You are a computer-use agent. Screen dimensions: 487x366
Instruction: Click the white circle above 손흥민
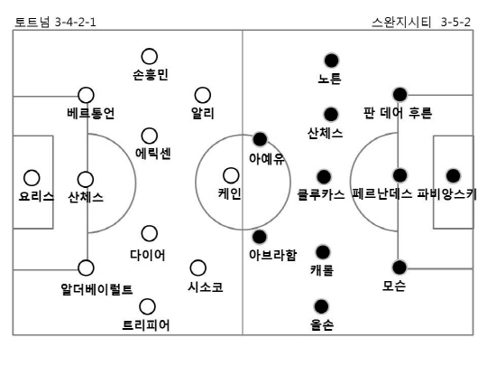coord(150,57)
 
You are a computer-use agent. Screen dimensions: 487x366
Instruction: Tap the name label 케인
coord(230,193)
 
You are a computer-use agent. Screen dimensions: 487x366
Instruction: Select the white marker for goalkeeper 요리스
coord(32,178)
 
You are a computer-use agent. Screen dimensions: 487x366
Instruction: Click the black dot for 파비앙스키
coord(453,176)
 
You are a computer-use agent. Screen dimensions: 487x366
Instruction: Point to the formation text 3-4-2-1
coord(76,23)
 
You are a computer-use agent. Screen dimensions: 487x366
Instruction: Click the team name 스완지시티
coord(401,23)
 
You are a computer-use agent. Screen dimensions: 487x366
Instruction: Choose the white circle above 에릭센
coord(150,136)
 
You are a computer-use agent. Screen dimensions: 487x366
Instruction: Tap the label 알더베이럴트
coord(96,289)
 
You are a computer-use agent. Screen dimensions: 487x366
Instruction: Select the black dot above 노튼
coord(331,61)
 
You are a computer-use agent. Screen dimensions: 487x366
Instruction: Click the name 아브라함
coord(273,255)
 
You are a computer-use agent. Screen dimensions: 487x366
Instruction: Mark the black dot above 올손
coord(321,306)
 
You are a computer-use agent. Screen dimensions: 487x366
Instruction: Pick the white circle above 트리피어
coord(147,307)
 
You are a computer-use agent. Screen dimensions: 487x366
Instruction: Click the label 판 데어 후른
coord(398,113)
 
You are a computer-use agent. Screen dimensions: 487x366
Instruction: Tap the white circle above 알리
coord(203,96)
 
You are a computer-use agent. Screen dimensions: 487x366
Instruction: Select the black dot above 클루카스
coord(324,177)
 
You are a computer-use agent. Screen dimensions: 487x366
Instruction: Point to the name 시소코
coord(206,287)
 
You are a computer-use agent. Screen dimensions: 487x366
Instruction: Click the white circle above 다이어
coord(150,233)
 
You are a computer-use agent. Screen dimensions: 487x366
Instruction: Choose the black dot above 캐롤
coord(323,252)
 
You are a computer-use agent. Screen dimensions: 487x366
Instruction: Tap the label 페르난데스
coord(382,194)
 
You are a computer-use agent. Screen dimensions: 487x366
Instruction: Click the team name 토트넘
coord(32,23)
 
